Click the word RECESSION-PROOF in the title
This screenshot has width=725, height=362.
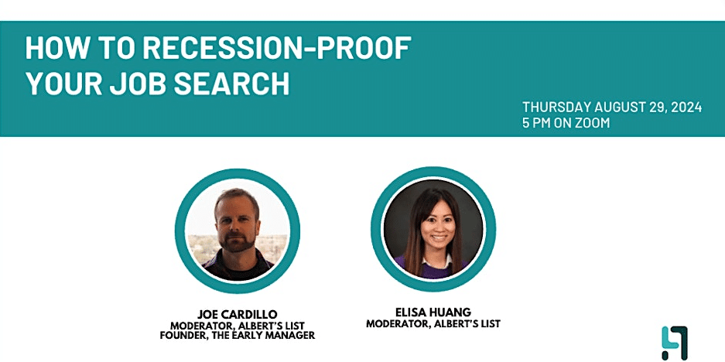[276, 47]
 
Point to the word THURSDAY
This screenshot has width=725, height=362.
[556, 108]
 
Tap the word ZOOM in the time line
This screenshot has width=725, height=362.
[593, 123]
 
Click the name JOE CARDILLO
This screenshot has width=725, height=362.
[238, 314]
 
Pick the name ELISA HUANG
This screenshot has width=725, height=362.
[433, 312]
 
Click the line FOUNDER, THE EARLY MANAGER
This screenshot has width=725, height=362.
[238, 336]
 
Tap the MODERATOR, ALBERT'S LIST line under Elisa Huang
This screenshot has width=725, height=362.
[433, 324]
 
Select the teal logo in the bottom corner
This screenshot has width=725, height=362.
[674, 342]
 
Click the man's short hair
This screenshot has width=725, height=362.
[238, 196]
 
